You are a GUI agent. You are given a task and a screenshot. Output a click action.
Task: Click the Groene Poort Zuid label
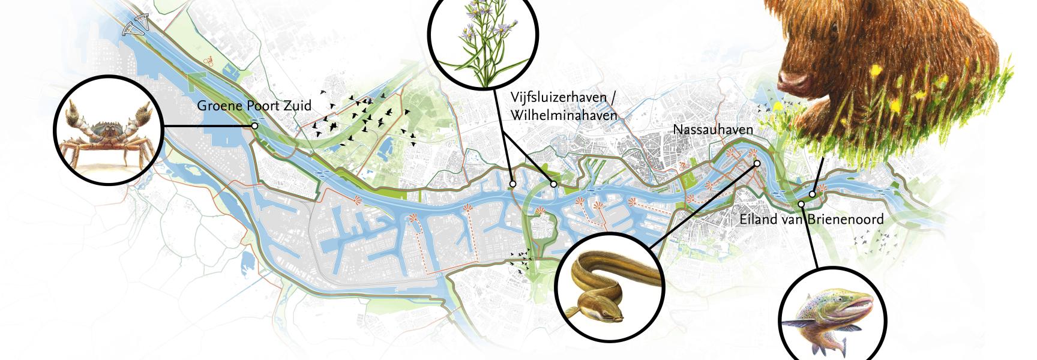pos(254,106)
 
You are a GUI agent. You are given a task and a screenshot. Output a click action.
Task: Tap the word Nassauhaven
pos(712,130)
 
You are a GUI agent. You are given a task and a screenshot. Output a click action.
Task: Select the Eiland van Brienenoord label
pos(811,220)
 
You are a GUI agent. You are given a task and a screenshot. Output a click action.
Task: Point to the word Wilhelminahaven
pos(564,115)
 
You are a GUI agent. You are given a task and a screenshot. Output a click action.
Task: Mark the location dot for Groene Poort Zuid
pos(254,126)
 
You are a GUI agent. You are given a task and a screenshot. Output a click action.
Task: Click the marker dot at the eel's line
pos(757,163)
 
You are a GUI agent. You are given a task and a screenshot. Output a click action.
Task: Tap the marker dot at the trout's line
pos(801,205)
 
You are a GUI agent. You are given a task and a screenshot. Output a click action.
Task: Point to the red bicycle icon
pos(209,61)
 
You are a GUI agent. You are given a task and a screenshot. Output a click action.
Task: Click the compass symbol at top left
pos(135,26)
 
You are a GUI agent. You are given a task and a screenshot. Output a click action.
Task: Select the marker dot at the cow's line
pos(812,194)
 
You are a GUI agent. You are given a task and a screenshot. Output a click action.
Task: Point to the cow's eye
pos(834,27)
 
